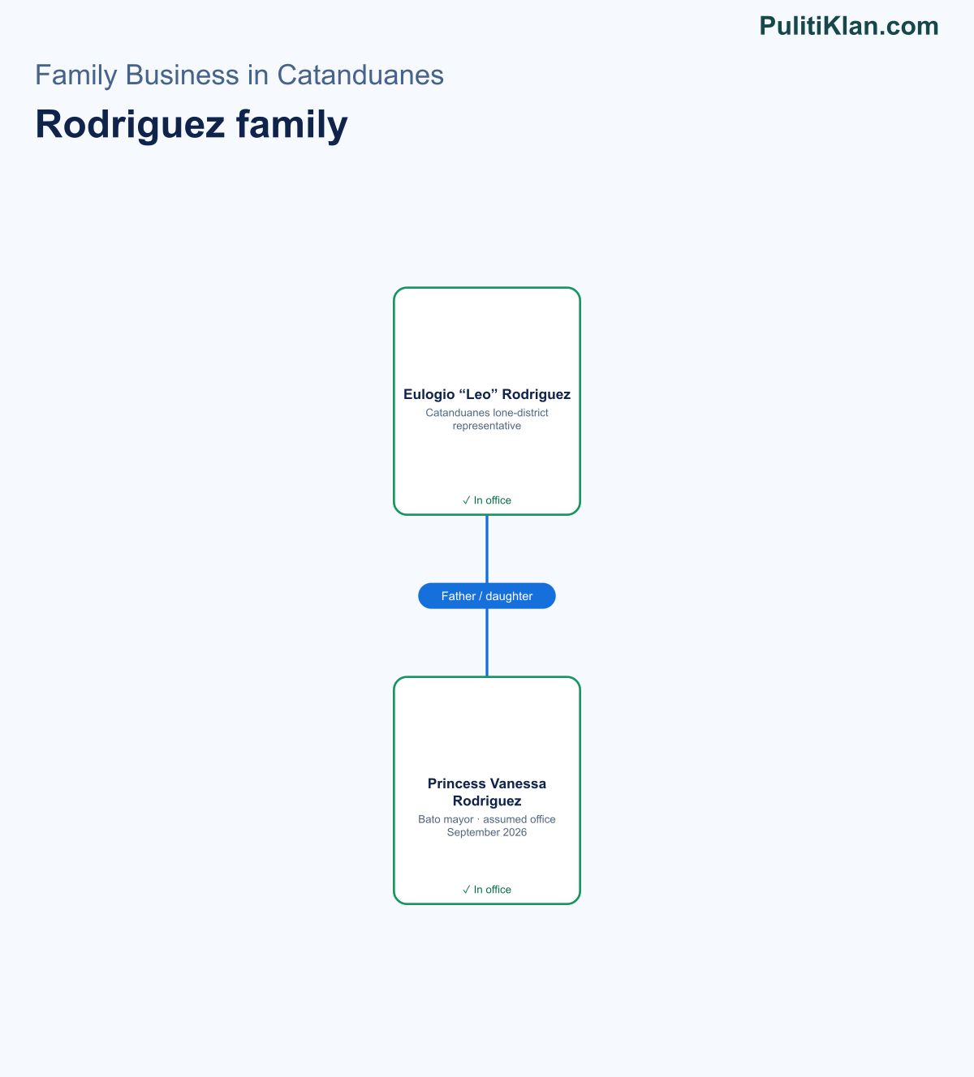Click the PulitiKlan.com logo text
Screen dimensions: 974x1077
[x=849, y=26]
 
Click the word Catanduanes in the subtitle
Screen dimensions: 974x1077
[x=360, y=75]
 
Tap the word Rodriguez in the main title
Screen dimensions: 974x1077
[x=130, y=125]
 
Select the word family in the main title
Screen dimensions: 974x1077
[x=292, y=125]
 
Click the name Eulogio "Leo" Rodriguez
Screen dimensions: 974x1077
[x=487, y=394]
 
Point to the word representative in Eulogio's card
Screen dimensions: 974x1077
[x=487, y=426]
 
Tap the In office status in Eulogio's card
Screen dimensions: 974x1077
[x=487, y=500]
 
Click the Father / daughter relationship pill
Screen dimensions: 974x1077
[x=487, y=596]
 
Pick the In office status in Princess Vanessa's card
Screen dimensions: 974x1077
[x=487, y=890]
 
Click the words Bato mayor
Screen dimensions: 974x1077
[x=446, y=819]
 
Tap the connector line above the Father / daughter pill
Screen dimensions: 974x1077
[x=487, y=549]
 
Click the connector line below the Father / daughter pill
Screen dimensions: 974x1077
[x=487, y=642]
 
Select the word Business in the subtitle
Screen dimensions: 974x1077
[x=183, y=75]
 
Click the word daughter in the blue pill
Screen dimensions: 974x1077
[x=509, y=596]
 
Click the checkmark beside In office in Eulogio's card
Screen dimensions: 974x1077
[x=466, y=500]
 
